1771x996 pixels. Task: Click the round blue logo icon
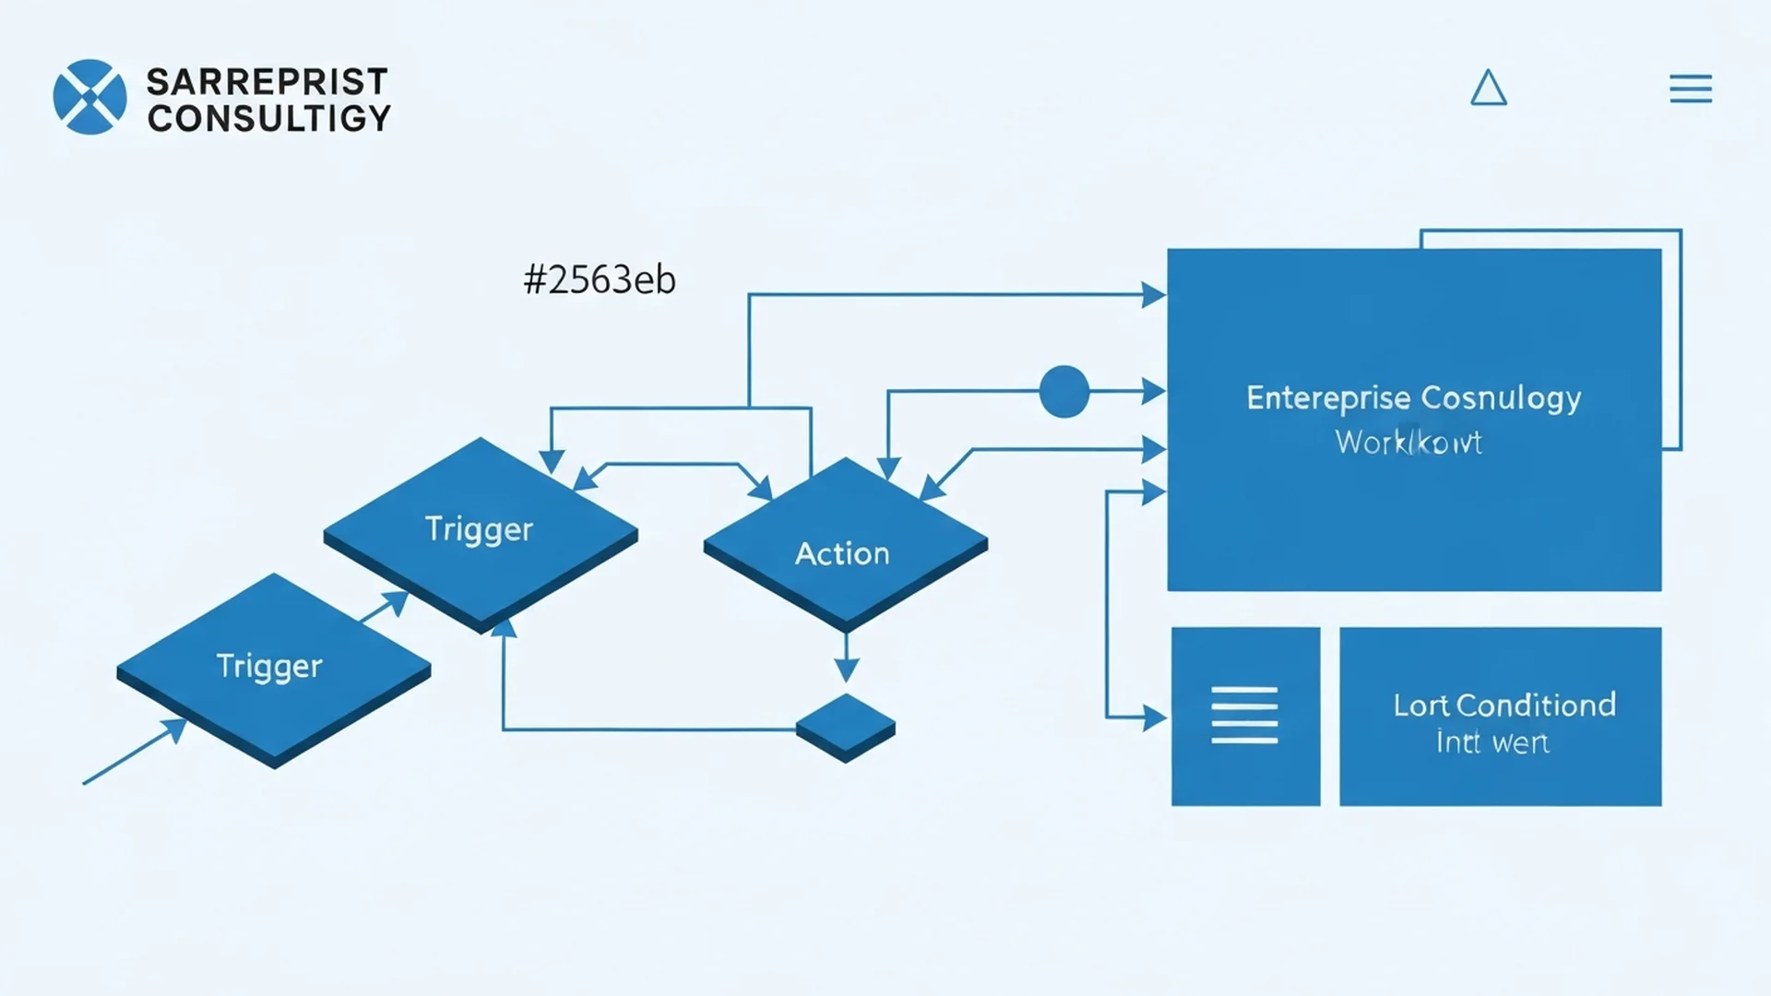coord(89,97)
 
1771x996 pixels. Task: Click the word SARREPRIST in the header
coord(267,81)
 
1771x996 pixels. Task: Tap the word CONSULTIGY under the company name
coord(268,118)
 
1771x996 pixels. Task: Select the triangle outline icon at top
coord(1488,89)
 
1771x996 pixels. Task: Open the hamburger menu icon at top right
coord(1690,89)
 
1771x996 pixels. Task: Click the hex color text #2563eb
coord(600,279)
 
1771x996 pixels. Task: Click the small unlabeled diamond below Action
coord(845,726)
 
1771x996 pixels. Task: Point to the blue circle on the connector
coord(1064,391)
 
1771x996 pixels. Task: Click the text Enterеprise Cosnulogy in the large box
coord(1413,397)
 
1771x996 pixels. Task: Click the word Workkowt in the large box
coord(1408,443)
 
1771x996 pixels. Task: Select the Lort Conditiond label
coord(1504,705)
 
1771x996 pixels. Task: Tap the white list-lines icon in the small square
coord(1244,715)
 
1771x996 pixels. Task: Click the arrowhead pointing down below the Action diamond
coord(846,670)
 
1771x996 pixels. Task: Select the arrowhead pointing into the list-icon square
coord(1154,717)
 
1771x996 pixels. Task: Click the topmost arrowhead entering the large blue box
coord(1153,295)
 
